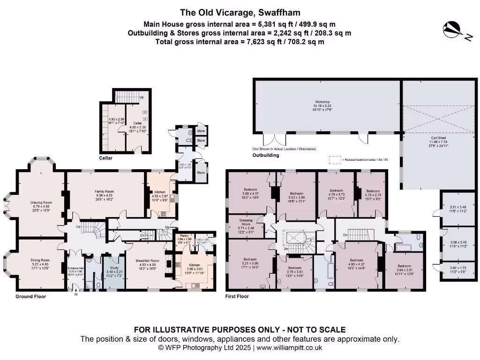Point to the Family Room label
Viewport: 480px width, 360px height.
105,191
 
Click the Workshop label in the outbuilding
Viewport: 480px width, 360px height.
322,102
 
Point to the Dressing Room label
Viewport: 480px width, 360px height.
246,220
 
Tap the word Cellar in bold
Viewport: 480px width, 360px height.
106,158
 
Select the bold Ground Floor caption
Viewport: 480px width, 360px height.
30,297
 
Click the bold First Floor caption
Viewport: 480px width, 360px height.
237,297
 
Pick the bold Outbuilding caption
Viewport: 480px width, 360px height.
266,155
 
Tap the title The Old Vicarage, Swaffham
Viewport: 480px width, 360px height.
240,13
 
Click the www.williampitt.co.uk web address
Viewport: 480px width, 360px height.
289,348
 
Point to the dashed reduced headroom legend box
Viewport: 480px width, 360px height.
335,160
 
